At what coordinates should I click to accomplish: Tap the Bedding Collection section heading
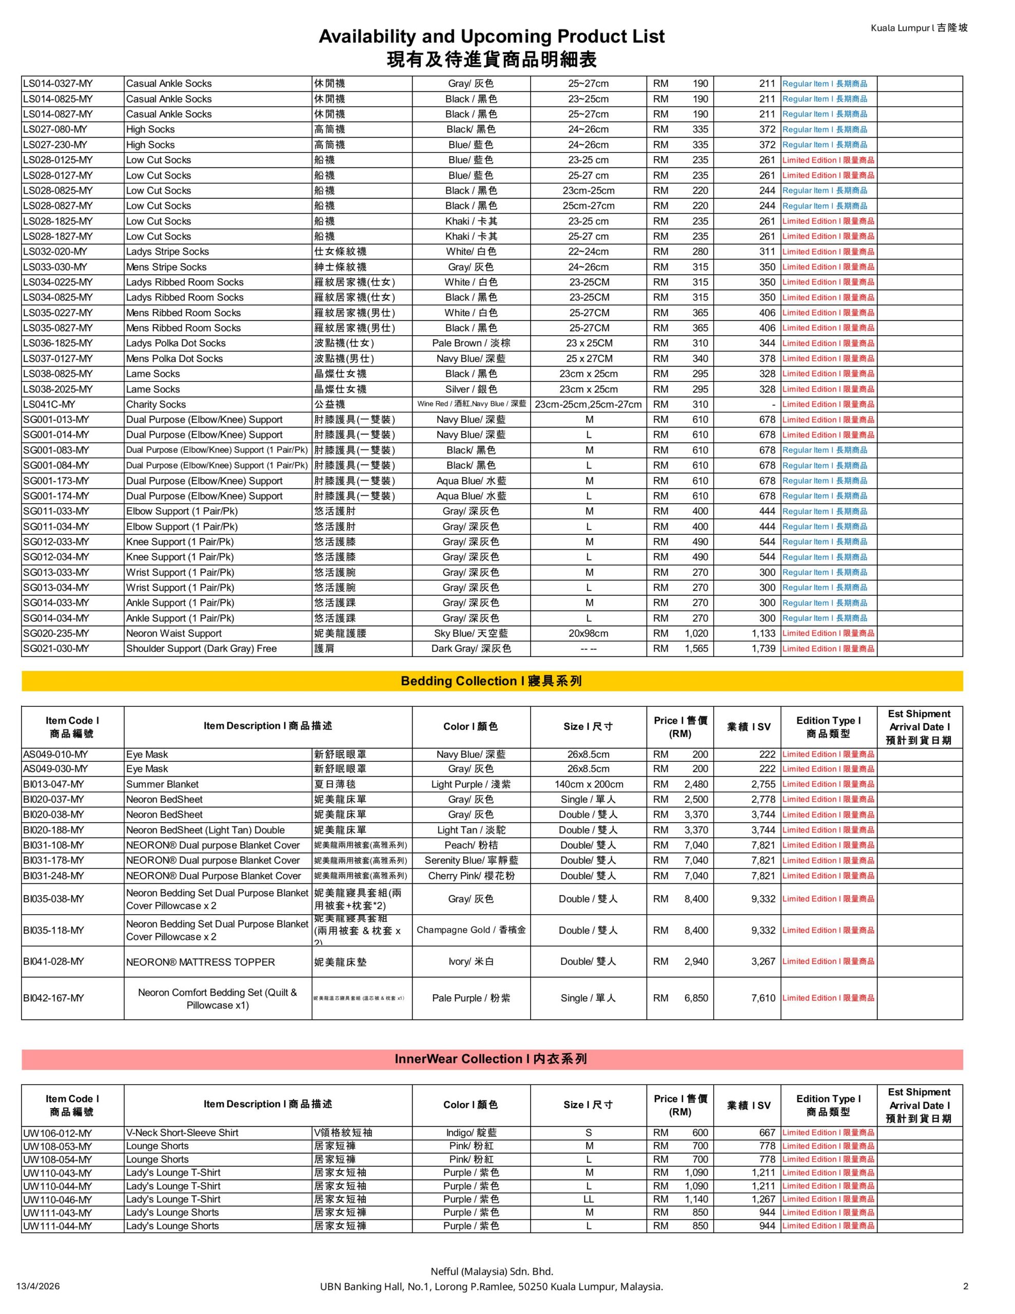pos(492,681)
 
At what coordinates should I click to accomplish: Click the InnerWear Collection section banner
pos(491,1059)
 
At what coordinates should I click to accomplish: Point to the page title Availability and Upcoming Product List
pos(492,37)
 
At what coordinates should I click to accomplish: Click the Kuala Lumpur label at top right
pos(919,28)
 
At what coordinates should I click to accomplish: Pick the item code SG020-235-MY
pos(56,633)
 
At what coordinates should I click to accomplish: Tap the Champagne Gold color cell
pos(471,930)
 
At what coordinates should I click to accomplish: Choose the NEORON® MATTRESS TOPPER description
pos(200,962)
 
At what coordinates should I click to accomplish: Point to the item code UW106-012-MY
pos(58,1133)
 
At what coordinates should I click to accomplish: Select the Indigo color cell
pos(471,1133)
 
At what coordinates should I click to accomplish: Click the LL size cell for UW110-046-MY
pos(589,1199)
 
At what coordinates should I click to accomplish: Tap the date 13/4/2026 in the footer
pos(38,1286)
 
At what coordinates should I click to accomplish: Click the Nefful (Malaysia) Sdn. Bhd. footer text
pos(492,1271)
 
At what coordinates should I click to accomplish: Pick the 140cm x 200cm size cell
pos(589,784)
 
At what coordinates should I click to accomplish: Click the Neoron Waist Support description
pos(174,633)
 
